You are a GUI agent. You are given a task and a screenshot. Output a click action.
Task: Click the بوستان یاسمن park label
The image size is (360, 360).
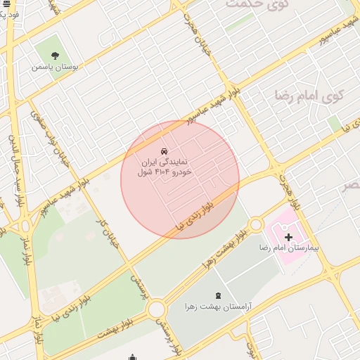tap(53, 67)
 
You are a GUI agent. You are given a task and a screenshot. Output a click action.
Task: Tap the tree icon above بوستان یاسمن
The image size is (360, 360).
tap(56, 55)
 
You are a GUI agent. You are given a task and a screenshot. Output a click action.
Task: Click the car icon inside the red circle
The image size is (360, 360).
tap(165, 151)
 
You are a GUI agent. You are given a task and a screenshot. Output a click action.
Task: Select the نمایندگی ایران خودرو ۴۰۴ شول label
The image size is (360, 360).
tap(164, 167)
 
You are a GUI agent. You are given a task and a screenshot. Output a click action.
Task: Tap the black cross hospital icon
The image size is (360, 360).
tap(288, 237)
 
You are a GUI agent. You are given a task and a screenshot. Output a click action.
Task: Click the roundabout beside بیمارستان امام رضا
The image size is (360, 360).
tap(256, 224)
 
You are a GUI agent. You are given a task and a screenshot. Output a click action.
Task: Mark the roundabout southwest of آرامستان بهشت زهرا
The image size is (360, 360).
tap(156, 308)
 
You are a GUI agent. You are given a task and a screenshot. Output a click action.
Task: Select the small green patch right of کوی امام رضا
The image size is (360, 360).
tap(335, 124)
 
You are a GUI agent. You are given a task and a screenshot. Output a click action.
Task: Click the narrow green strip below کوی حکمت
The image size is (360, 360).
tap(239, 23)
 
